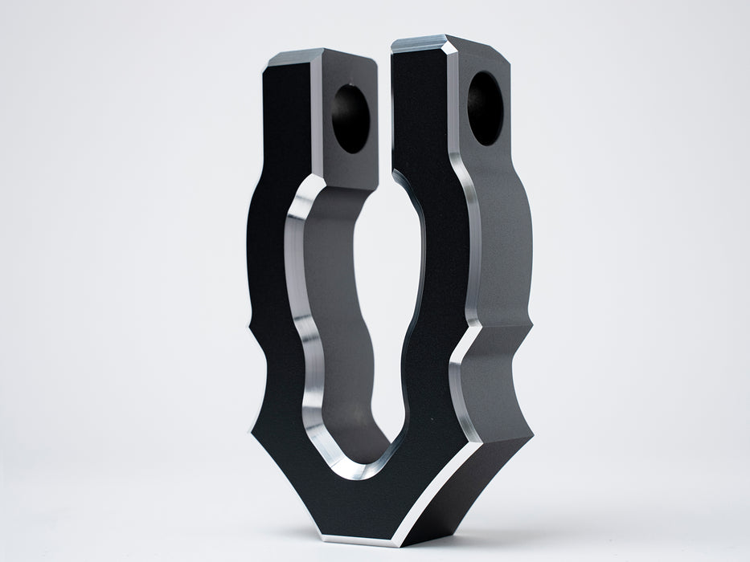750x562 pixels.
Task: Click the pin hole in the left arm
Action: tap(350, 119)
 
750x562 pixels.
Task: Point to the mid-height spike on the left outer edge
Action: tap(246, 330)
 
